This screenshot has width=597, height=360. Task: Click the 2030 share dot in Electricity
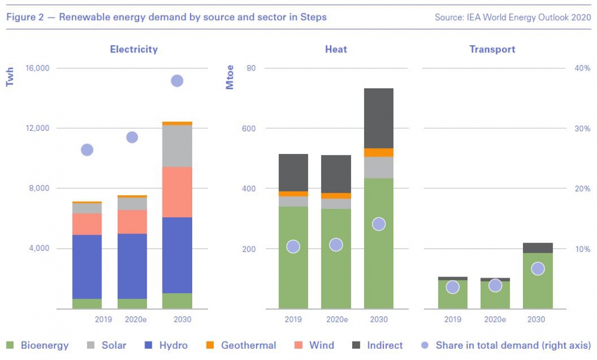pos(177,81)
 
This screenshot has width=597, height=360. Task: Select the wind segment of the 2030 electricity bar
pos(177,192)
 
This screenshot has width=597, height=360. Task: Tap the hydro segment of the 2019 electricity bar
pos(87,266)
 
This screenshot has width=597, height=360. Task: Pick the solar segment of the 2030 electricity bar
pos(177,146)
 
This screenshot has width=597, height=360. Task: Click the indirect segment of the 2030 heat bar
pos(378,118)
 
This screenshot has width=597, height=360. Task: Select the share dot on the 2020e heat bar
pos(336,245)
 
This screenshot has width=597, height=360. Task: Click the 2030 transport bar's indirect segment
pos(537,248)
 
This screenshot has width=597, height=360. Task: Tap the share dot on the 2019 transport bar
pos(453,287)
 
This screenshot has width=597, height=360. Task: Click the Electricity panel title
pos(134,50)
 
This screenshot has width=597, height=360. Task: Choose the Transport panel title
pos(493,50)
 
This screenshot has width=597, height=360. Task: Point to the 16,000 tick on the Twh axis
pos(37,68)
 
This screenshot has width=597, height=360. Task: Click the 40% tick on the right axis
pos(582,68)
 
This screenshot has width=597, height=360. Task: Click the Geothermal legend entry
pos(242,345)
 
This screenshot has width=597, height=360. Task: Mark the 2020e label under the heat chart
pos(336,319)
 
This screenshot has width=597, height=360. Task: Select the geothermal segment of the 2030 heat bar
pos(378,152)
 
